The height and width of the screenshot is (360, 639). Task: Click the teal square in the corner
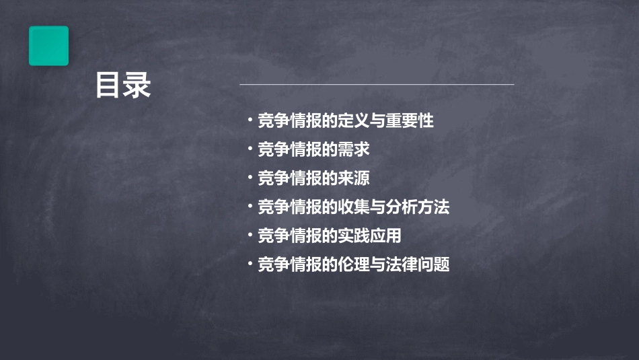(x=48, y=46)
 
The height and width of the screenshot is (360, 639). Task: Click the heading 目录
(x=122, y=85)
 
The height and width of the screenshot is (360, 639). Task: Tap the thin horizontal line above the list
(x=377, y=85)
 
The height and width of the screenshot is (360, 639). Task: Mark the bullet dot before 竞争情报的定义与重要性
(x=250, y=121)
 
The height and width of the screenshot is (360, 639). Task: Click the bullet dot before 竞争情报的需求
(x=250, y=149)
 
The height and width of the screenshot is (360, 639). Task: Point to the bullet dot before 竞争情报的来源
(x=250, y=178)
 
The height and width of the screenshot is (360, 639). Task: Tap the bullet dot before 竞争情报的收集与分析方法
(x=250, y=207)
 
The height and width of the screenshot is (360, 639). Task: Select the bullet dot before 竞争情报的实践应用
(x=250, y=236)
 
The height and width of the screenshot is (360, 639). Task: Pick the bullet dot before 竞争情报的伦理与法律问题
(x=250, y=264)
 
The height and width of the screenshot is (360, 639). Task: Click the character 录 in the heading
(x=137, y=85)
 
